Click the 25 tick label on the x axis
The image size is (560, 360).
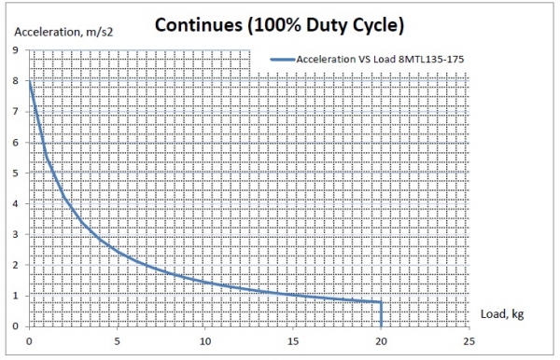click(469, 340)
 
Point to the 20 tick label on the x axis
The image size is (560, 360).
click(381, 340)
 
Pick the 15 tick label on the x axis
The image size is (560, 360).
click(293, 340)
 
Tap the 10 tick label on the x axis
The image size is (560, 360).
click(205, 340)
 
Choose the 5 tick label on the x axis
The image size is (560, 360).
click(118, 340)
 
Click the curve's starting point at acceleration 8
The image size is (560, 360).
click(30, 82)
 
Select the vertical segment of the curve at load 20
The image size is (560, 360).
click(381, 314)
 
